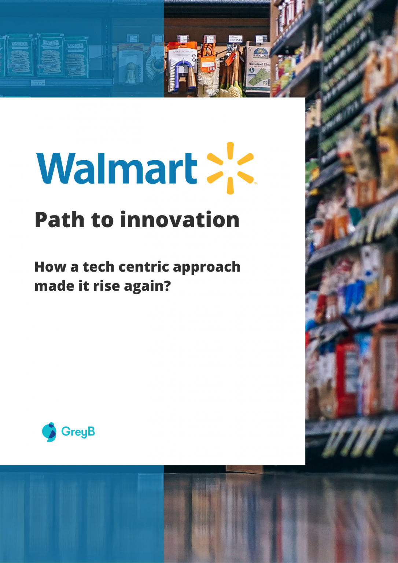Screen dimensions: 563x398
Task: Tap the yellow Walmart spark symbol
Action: (x=230, y=168)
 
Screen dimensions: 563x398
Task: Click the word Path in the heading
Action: (x=59, y=220)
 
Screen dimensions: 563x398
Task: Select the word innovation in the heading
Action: (x=180, y=220)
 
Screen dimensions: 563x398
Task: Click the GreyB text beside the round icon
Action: (x=78, y=432)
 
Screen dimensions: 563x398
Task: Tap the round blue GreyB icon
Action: (x=49, y=432)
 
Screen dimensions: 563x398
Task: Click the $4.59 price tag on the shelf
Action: (x=236, y=39)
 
